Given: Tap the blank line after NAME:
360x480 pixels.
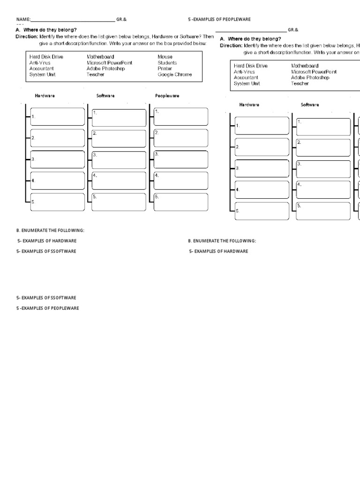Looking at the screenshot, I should pyautogui.click(x=73, y=20).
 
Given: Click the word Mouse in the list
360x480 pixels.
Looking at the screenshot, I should pyautogui.click(x=165, y=57).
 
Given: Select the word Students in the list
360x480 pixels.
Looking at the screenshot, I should pyautogui.click(x=167, y=63).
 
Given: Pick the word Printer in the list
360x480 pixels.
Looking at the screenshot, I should pyautogui.click(x=165, y=68).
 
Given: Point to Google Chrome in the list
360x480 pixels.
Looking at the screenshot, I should pyautogui.click(x=174, y=75).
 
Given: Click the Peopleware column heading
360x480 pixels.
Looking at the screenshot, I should pyautogui.click(x=167, y=96).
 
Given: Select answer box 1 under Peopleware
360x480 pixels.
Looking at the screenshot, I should pyautogui.click(x=180, y=117).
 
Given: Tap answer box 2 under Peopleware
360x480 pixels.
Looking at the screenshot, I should pyautogui.click(x=180, y=139).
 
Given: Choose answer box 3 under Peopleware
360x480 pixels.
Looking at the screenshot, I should pyautogui.click(x=180, y=160).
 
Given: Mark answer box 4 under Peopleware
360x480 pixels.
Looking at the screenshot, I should pyautogui.click(x=180, y=181).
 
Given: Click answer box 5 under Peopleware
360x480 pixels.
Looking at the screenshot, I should pyautogui.click(x=180, y=202).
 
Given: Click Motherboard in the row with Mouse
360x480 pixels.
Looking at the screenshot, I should pyautogui.click(x=100, y=57).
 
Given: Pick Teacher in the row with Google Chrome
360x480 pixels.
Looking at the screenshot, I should pyautogui.click(x=96, y=75).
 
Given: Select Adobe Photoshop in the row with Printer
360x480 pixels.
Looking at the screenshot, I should pyautogui.click(x=105, y=68).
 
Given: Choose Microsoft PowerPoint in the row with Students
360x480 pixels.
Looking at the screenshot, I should pyautogui.click(x=109, y=63).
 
